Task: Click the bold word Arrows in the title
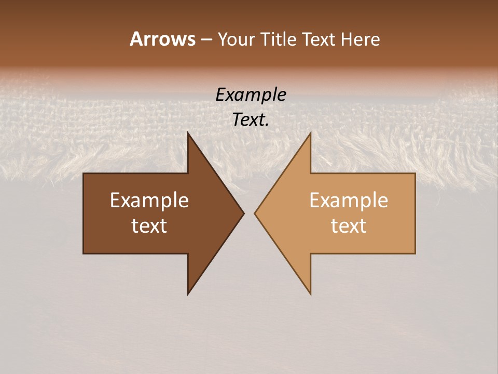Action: [x=162, y=39]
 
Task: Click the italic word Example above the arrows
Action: [x=251, y=95]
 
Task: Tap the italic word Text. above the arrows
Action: [x=250, y=120]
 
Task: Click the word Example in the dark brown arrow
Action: [x=149, y=200]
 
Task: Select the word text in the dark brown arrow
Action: [x=149, y=226]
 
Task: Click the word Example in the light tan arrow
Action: [x=349, y=200]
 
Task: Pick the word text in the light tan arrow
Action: [x=349, y=226]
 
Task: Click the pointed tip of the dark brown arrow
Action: [x=243, y=213]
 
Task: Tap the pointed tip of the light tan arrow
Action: [x=255, y=213]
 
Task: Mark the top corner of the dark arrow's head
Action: [x=188, y=133]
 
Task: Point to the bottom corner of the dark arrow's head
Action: [x=188, y=293]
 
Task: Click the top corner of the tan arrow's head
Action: [x=310, y=133]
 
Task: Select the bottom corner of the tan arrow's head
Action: [x=310, y=293]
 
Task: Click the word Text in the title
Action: [x=319, y=39]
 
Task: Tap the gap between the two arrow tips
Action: [x=250, y=213]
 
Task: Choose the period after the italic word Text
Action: [x=267, y=125]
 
